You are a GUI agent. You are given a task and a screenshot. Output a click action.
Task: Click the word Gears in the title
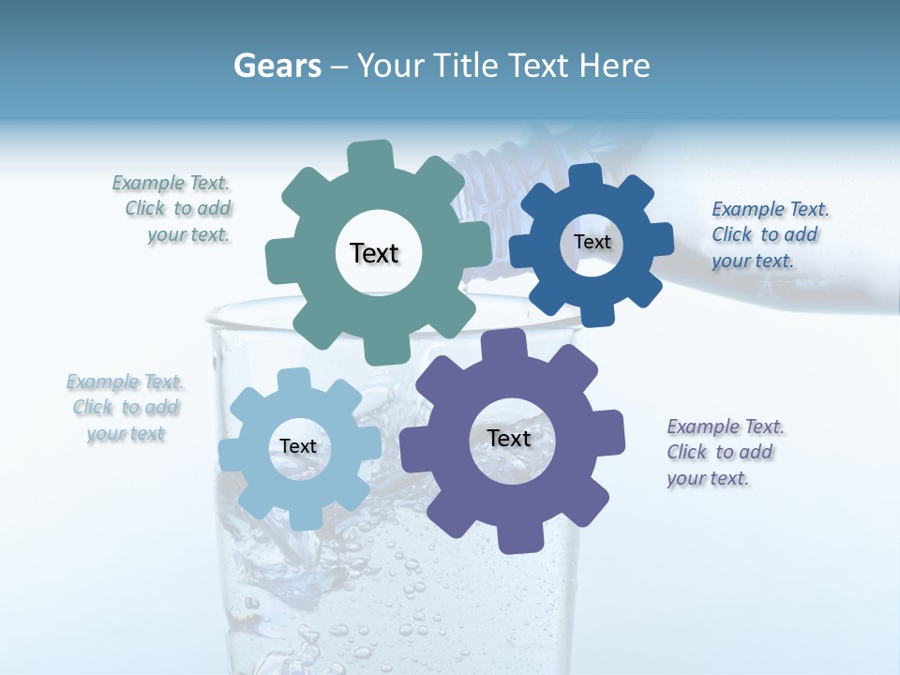277,66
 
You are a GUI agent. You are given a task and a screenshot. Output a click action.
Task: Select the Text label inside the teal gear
374,253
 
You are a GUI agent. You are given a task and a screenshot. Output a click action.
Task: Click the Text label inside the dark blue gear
592,242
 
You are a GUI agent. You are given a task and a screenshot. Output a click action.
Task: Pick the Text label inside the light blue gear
298,446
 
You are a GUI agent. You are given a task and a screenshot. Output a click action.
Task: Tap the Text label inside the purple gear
509,438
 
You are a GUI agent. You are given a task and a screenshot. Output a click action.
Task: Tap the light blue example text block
126,408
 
